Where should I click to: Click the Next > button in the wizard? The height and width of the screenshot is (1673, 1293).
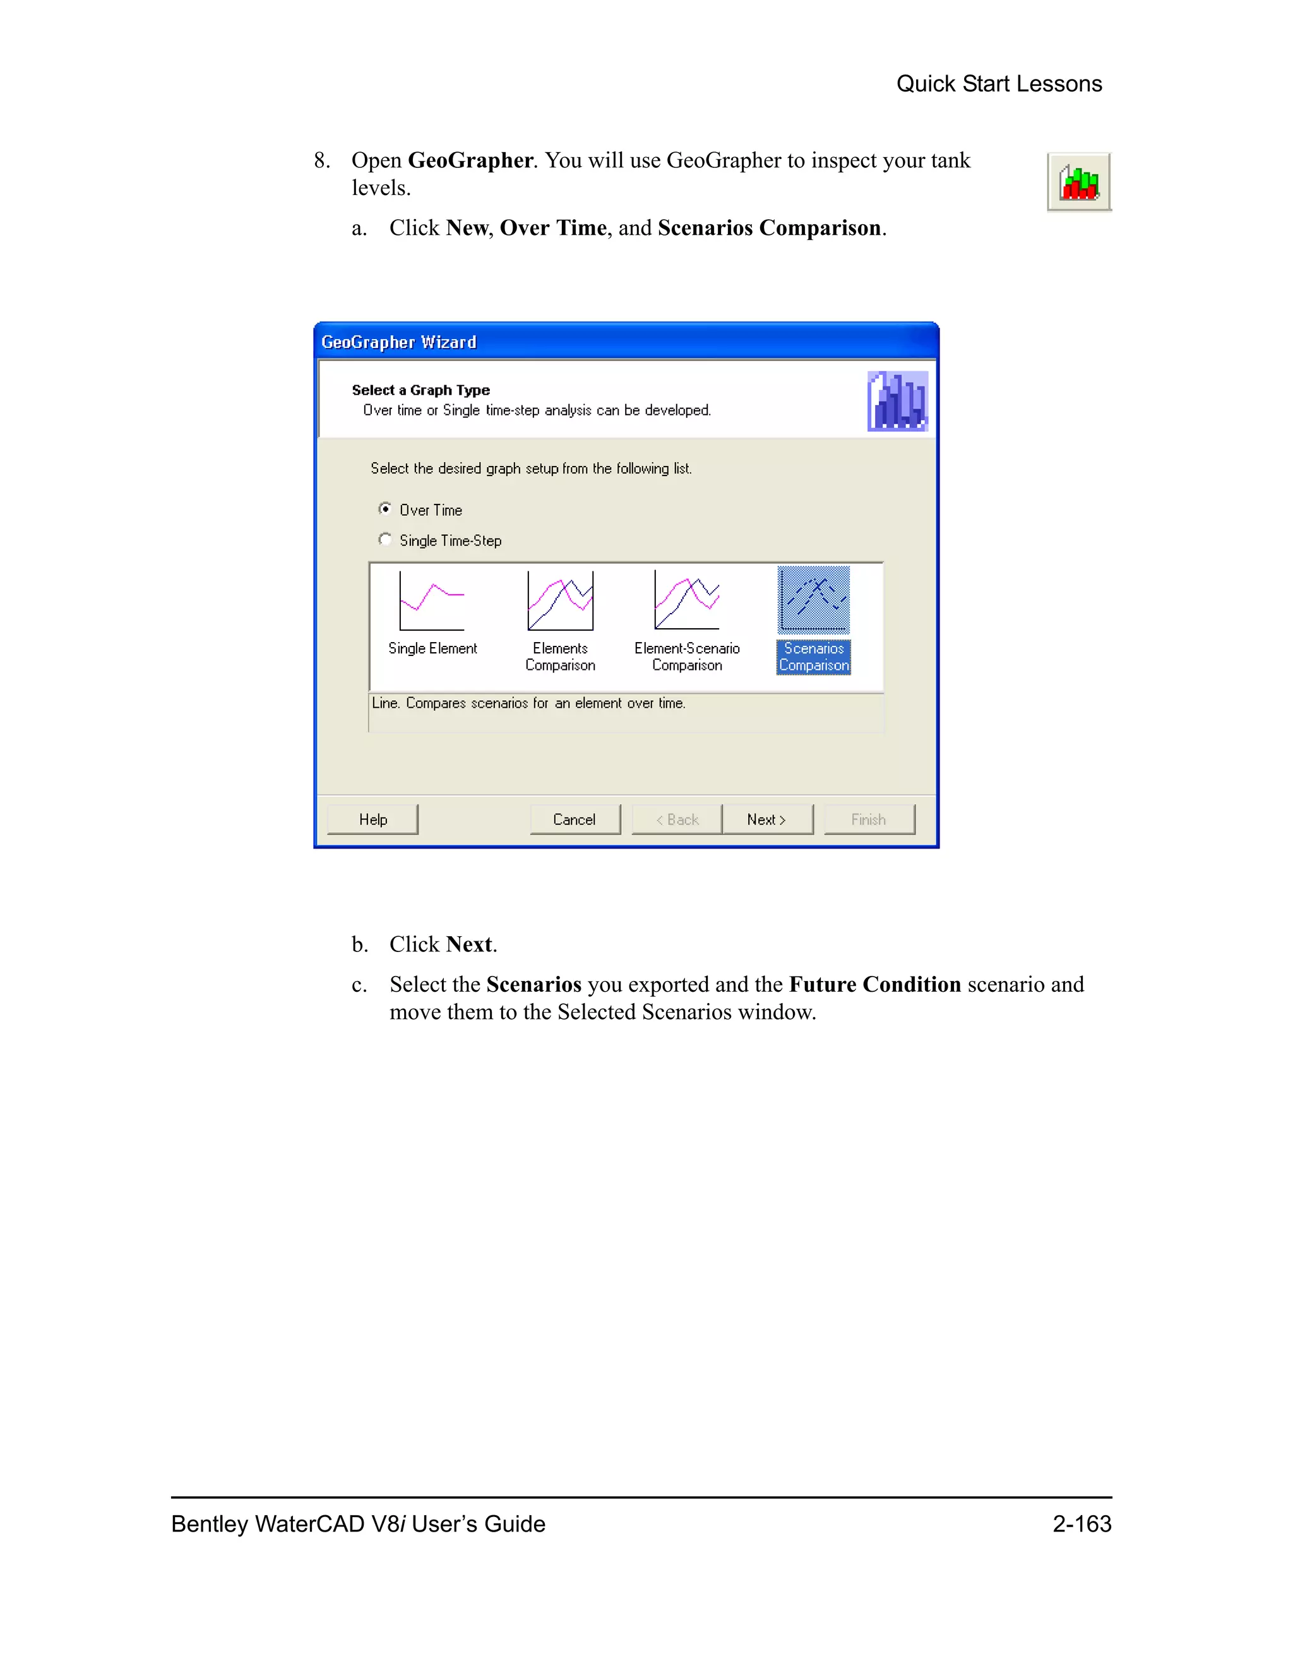point(766,819)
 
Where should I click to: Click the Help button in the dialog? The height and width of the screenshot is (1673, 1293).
point(372,819)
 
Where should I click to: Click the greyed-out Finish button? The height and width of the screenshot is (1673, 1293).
point(869,819)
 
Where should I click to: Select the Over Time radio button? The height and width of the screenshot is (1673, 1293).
point(385,509)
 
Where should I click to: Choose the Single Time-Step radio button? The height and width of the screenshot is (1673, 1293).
point(385,540)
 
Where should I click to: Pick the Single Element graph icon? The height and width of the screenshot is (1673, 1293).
point(432,601)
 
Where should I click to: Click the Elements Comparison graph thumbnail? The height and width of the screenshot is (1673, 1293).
point(560,601)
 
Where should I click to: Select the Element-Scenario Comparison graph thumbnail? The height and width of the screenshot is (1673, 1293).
point(687,601)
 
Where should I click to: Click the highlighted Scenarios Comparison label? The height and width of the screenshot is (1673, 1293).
point(813,657)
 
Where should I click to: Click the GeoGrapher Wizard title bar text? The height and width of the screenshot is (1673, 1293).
point(398,342)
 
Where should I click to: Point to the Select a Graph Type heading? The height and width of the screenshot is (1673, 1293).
point(420,390)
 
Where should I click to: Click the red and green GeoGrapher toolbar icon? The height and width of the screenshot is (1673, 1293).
point(1078,182)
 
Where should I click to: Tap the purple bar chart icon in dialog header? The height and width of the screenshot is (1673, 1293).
point(897,402)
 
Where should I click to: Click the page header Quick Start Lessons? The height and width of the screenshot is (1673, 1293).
point(998,83)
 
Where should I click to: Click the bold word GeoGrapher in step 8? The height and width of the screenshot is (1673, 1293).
point(470,160)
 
